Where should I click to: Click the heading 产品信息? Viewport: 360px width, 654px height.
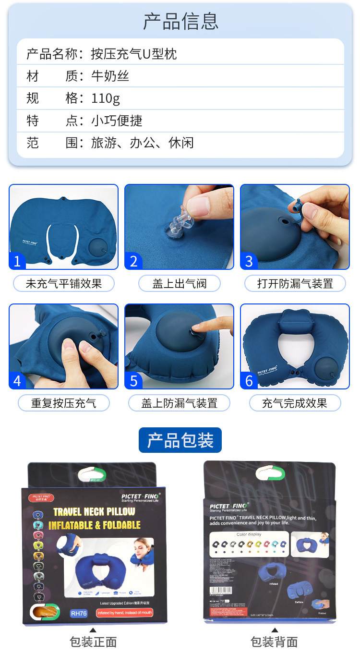click(180, 21)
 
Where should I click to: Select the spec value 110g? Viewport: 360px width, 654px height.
click(106, 98)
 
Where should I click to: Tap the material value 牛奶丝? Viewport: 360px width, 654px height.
click(110, 76)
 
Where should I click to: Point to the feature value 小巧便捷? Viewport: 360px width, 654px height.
click(117, 121)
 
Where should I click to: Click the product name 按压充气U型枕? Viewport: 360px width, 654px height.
click(134, 54)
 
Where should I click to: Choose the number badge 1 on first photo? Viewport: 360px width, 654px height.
click(17, 261)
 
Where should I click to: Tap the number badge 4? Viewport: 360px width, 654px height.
click(17, 380)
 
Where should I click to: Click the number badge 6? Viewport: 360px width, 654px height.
click(249, 380)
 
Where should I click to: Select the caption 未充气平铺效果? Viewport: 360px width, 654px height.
click(64, 283)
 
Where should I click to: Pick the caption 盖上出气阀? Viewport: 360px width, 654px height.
click(179, 283)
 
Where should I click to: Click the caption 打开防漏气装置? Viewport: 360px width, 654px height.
click(295, 283)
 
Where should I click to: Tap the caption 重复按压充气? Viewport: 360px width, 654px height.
click(64, 403)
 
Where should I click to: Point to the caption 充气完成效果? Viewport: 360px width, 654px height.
click(295, 403)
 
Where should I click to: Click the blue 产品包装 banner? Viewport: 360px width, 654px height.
click(180, 440)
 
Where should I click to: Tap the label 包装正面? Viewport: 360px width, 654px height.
click(93, 642)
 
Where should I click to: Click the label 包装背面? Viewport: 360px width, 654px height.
click(274, 642)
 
